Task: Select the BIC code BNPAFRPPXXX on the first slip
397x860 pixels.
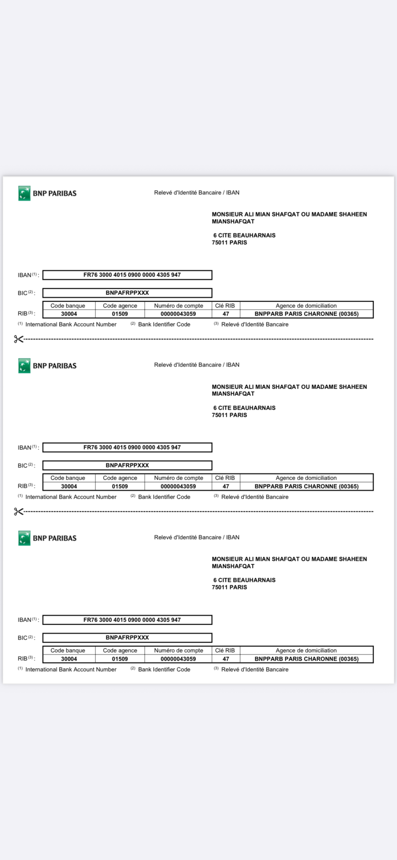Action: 127,293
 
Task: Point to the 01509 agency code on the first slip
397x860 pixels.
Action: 120,314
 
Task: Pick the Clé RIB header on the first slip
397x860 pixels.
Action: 225,305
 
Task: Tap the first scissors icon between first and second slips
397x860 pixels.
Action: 18,339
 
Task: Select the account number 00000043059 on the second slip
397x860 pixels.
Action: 178,486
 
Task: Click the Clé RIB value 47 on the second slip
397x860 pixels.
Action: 226,486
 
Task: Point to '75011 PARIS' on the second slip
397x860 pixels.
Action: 229,415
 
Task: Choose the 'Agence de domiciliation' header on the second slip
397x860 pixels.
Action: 306,478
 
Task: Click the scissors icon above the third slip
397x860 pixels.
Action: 18,511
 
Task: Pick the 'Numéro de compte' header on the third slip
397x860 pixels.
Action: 178,650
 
